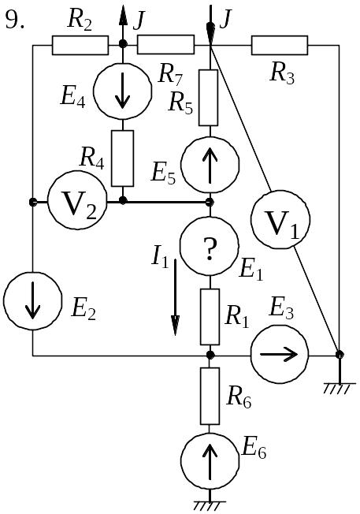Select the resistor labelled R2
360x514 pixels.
coord(80,45)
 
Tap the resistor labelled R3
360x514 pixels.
coord(280,45)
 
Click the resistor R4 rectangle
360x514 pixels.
coord(123,158)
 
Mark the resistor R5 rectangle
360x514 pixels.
coord(208,98)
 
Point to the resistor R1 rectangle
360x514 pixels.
coord(210,317)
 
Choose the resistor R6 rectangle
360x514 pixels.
coord(210,396)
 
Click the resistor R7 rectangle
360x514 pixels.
coord(165,45)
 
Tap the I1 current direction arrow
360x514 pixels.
coord(175,297)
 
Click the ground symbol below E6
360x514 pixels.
coord(210,506)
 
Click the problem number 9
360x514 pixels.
coord(15,21)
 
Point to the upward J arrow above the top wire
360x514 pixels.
coord(123,24)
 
